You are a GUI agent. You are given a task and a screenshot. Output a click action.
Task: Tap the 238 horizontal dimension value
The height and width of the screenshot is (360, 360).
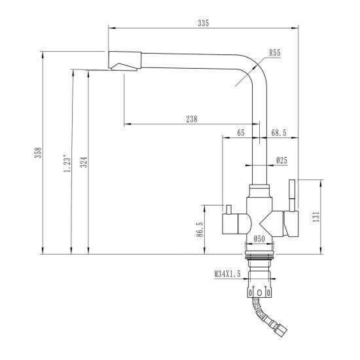tap(192, 118)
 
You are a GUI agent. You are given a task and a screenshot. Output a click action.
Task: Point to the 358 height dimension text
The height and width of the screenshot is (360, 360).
tap(39, 153)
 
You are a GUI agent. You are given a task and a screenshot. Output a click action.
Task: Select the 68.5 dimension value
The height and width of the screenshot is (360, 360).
tap(279, 133)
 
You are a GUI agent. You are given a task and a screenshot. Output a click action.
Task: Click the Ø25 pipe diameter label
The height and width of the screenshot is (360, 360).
tap(281, 159)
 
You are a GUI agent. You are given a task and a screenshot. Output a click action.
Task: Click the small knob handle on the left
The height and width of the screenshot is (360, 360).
tap(230, 209)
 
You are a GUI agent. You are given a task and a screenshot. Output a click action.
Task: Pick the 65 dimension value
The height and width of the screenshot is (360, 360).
tap(241, 133)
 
